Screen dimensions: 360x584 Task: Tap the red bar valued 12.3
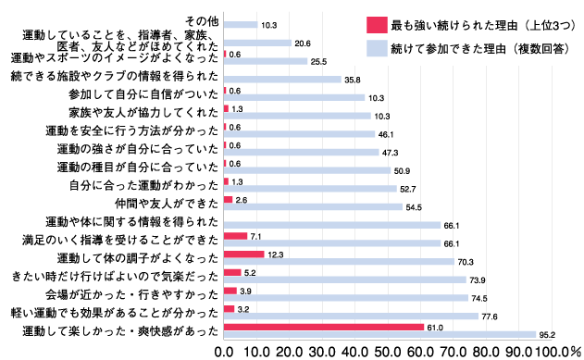[243, 254]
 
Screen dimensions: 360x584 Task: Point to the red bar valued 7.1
[235, 236]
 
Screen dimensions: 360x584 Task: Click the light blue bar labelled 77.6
[351, 316]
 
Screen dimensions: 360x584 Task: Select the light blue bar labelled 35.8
[282, 80]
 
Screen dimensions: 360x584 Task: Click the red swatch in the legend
[375, 22]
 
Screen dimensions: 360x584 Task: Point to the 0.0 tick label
[224, 352]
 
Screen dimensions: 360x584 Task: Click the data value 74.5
[478, 298]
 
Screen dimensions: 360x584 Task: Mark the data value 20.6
[302, 43]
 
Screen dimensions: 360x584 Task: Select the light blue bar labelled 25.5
[266, 61]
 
